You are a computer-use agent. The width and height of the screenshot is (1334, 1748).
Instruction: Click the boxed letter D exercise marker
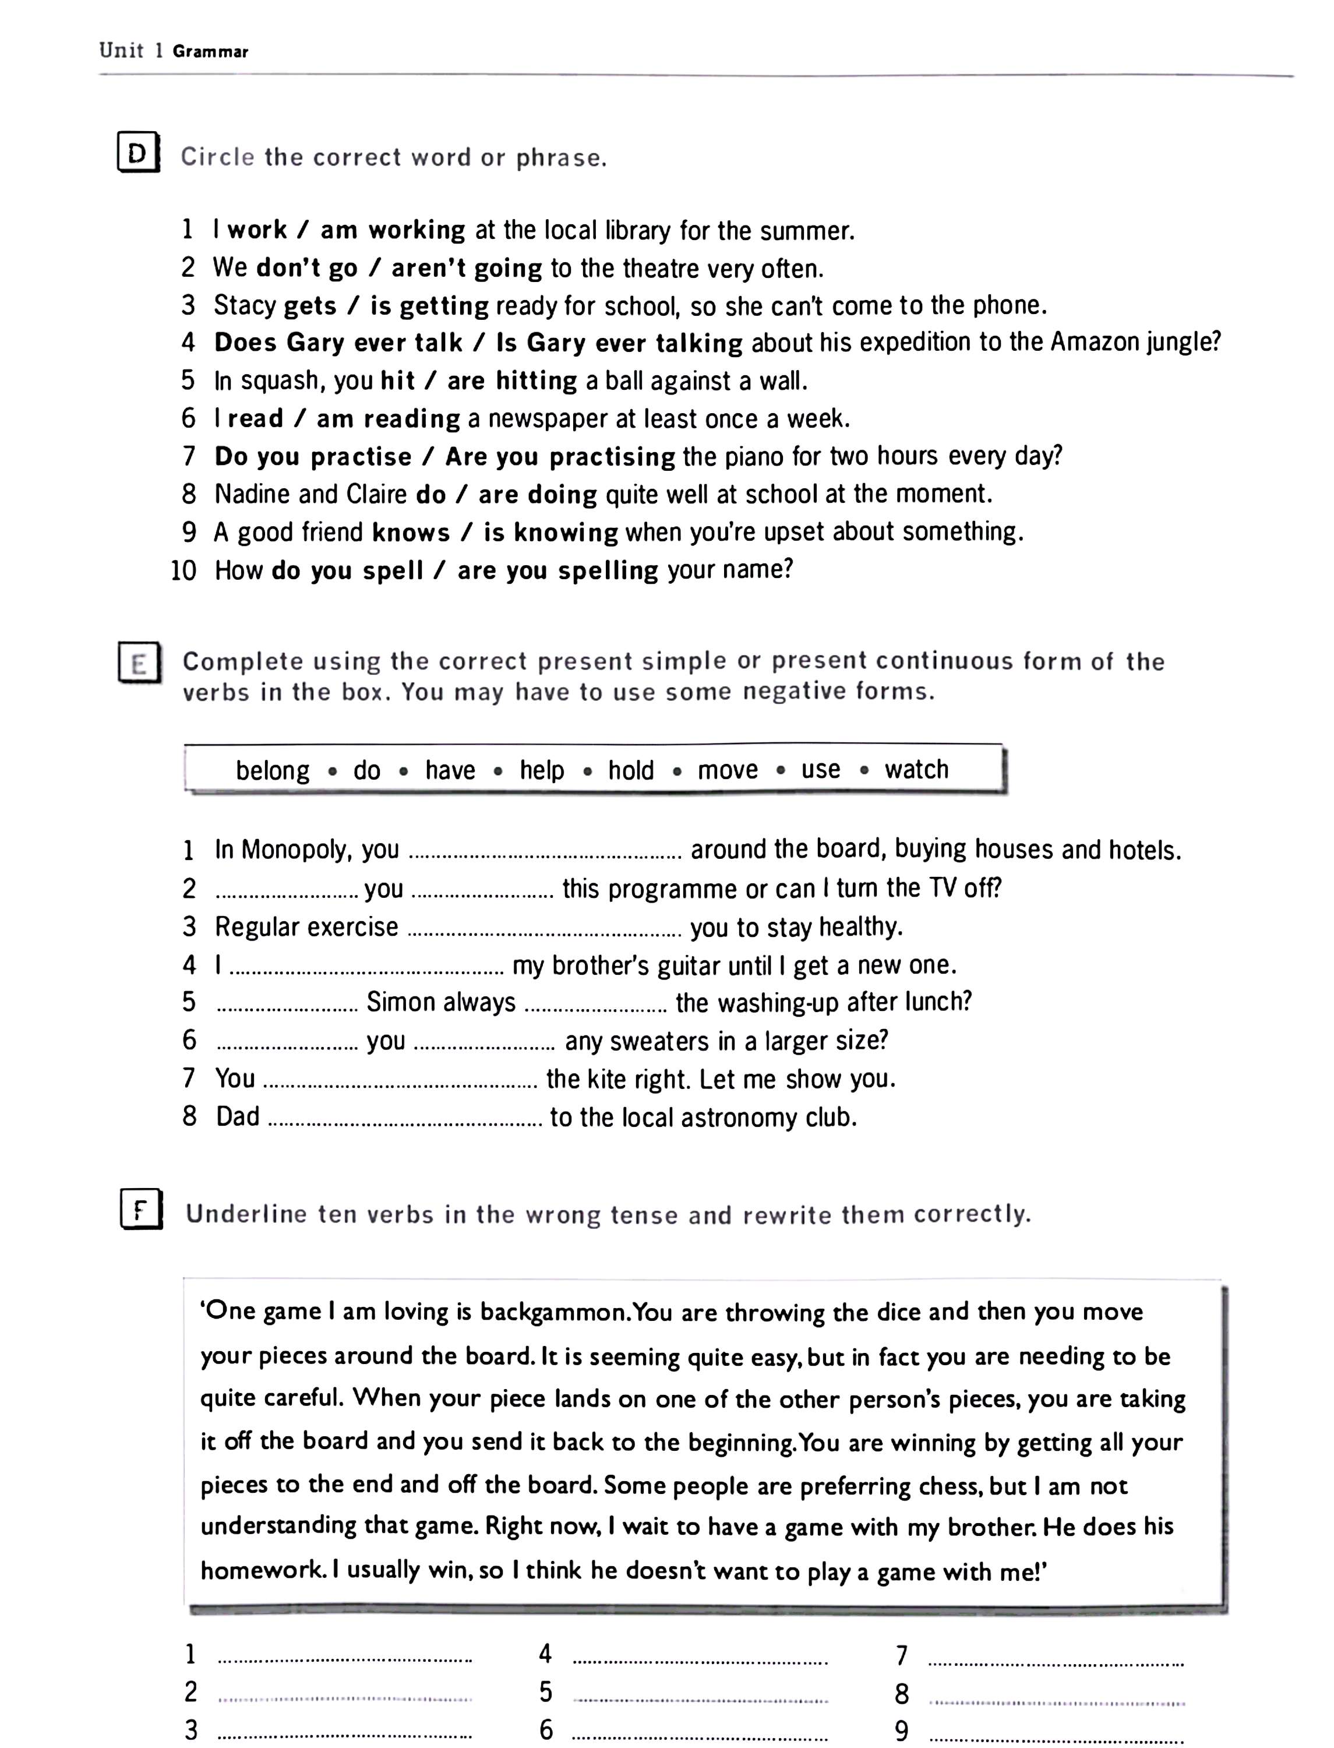(x=138, y=153)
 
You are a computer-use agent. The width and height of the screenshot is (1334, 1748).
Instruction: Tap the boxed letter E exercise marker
(x=140, y=662)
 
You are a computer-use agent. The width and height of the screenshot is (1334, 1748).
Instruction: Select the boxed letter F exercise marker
(x=140, y=1210)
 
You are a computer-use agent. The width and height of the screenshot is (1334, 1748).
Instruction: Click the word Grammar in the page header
(x=210, y=52)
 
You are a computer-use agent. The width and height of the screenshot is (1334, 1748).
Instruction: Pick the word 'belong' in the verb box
(x=273, y=770)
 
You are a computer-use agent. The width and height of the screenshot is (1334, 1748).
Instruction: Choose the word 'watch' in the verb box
(x=916, y=769)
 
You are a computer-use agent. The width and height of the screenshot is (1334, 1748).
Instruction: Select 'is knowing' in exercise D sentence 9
(x=550, y=532)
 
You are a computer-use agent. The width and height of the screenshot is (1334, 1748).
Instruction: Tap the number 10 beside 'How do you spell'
(x=183, y=570)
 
